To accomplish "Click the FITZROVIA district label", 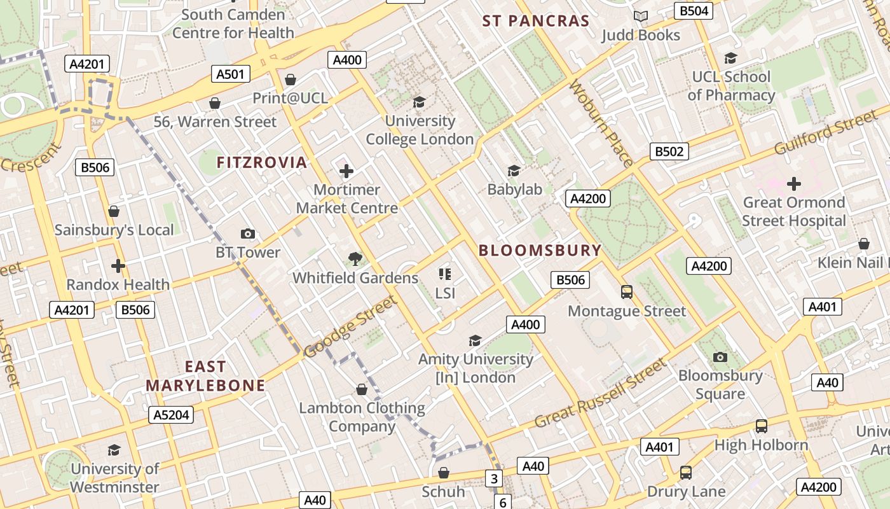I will click(x=262, y=162).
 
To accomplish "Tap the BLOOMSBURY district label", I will click(x=540, y=250).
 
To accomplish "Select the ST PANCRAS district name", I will click(x=536, y=21).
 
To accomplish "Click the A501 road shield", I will click(x=230, y=74).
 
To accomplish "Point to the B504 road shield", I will click(x=693, y=11).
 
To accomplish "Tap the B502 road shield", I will click(x=669, y=151).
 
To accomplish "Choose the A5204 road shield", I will click(x=170, y=415).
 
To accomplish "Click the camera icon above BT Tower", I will click(x=248, y=234).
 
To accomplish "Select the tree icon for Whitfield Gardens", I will click(x=355, y=258).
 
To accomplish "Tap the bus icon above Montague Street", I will click(x=627, y=292).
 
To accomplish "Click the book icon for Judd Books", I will click(x=641, y=16).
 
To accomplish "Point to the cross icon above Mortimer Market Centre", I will click(x=346, y=171).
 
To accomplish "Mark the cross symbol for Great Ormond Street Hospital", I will click(x=793, y=184).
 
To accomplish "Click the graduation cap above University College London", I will click(x=419, y=102).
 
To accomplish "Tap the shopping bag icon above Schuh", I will click(x=444, y=473).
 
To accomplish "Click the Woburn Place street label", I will click(x=601, y=123).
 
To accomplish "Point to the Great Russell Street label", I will click(x=601, y=394).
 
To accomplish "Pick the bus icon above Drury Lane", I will click(x=685, y=473).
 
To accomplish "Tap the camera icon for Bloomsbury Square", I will click(x=720, y=357).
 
